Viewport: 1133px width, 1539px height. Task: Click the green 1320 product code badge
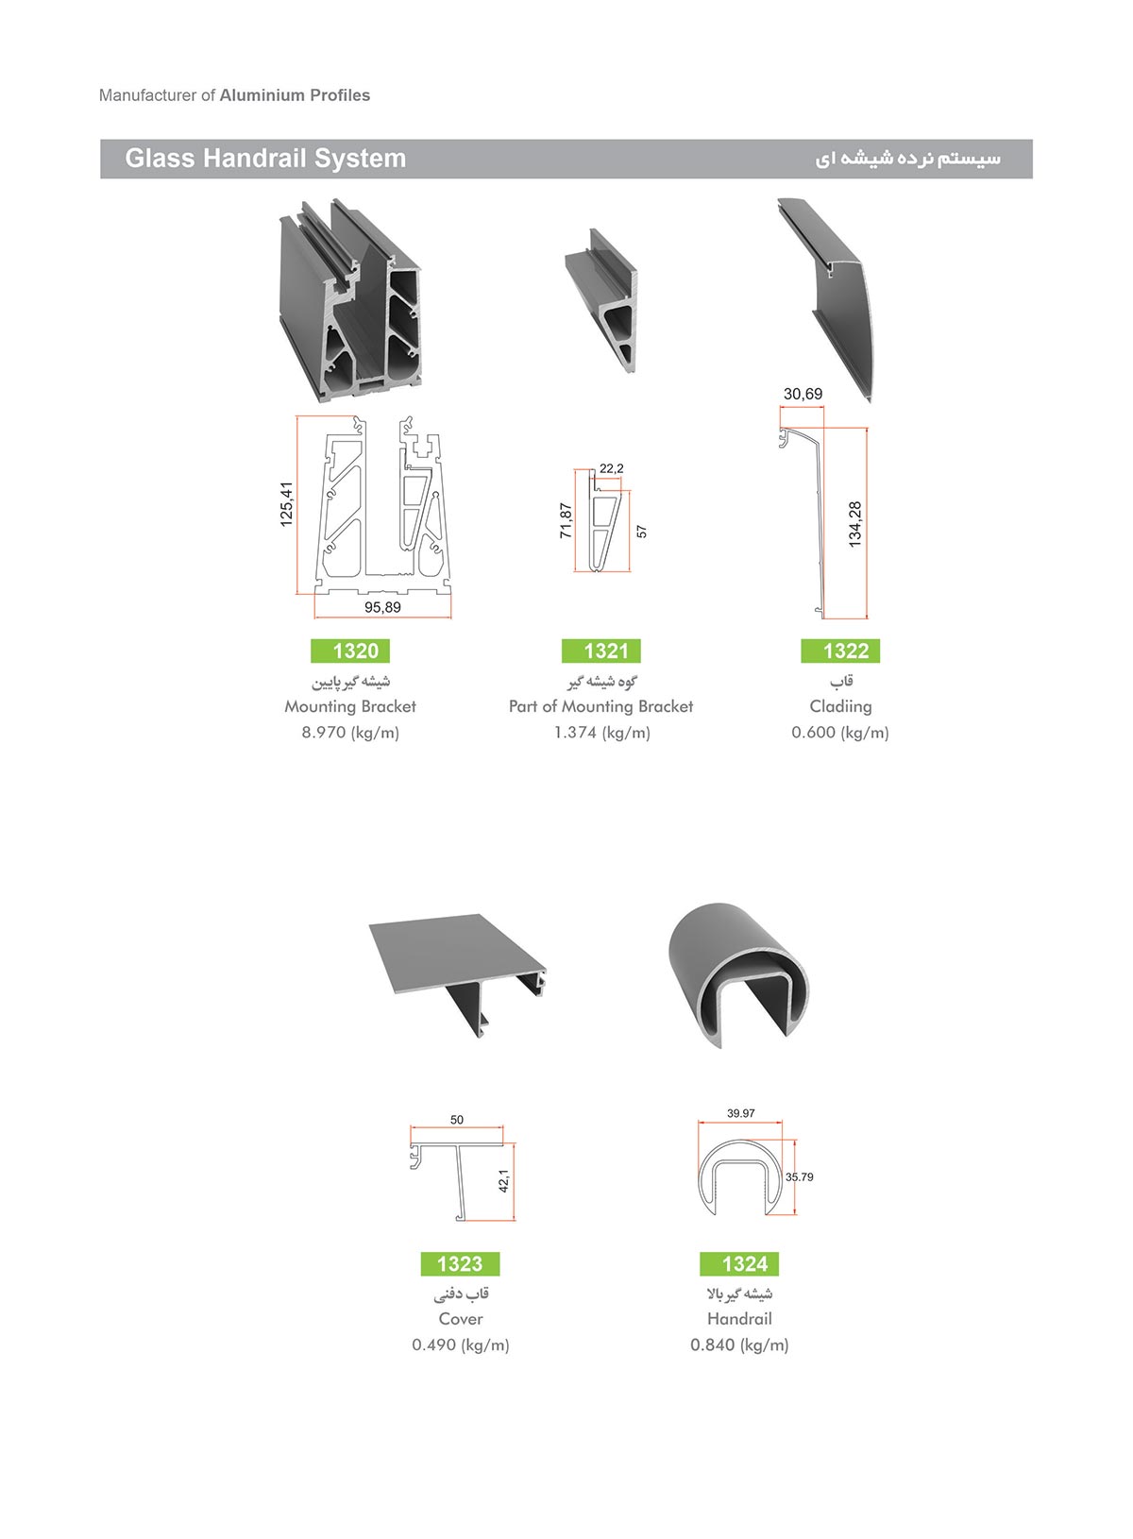click(x=350, y=650)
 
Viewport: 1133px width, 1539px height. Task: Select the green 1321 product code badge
click(x=601, y=650)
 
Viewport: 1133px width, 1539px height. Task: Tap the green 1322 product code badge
click(x=840, y=650)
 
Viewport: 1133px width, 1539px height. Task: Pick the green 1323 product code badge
click(x=461, y=1262)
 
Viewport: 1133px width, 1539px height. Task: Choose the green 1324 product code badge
click(x=739, y=1262)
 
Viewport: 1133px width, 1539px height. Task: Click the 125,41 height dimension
click(x=286, y=504)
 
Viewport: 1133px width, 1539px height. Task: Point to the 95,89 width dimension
click(x=382, y=607)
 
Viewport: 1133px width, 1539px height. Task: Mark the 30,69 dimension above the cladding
click(x=803, y=394)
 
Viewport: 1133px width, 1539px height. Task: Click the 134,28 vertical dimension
click(x=854, y=524)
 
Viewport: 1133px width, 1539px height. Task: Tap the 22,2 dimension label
click(x=612, y=468)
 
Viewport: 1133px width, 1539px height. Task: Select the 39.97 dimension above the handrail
click(x=740, y=1113)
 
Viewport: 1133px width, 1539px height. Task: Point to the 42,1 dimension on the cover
click(x=503, y=1180)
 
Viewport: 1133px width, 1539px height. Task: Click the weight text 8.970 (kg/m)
click(x=350, y=733)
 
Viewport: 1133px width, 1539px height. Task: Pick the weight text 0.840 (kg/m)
click(x=739, y=1345)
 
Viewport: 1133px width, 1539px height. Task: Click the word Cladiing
click(x=840, y=706)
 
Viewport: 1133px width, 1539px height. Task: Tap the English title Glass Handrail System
click(x=265, y=158)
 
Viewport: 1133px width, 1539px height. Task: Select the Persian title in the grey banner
click(x=907, y=159)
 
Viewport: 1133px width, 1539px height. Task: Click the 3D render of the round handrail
click(x=738, y=974)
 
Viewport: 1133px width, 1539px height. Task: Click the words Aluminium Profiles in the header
click(x=295, y=95)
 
